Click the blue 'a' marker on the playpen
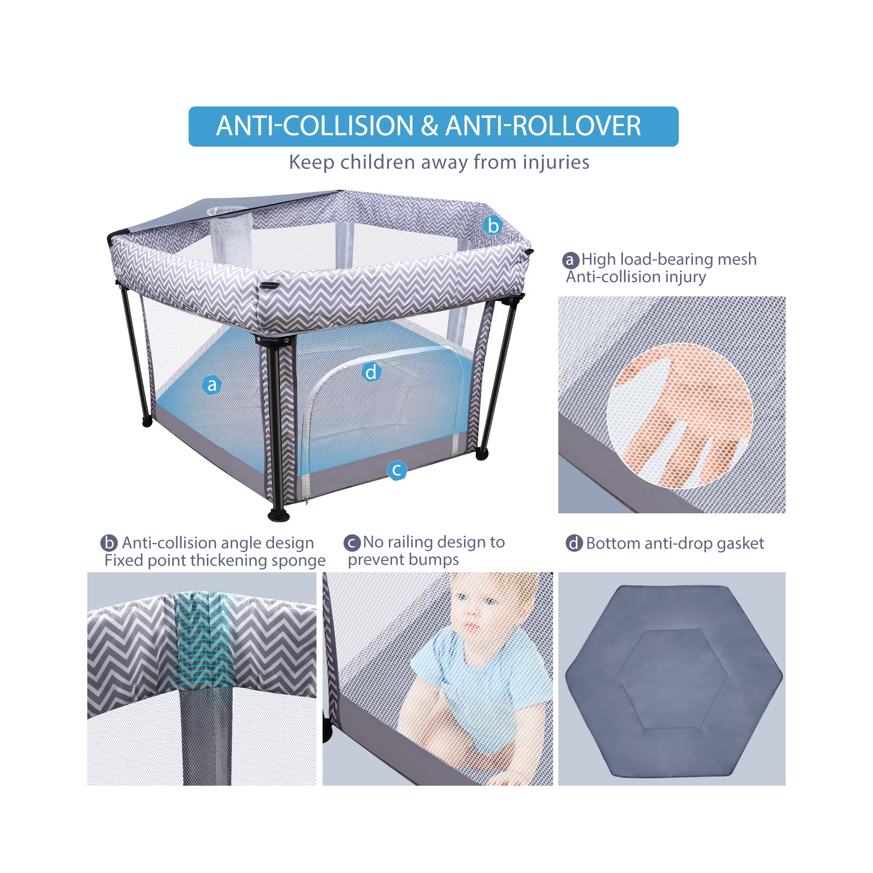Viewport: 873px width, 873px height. coord(211,385)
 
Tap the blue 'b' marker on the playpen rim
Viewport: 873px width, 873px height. coord(492,225)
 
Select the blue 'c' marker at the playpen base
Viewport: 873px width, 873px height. coord(397,470)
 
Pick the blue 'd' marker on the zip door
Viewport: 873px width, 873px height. coord(371,372)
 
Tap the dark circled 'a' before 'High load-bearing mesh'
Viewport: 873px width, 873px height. coord(571,260)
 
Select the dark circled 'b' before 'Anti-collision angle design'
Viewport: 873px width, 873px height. coord(109,543)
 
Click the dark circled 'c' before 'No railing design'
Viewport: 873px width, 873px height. coord(352,542)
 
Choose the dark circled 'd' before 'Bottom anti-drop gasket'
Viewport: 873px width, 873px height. coord(574,543)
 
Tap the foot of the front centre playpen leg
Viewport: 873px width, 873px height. coord(279,515)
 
